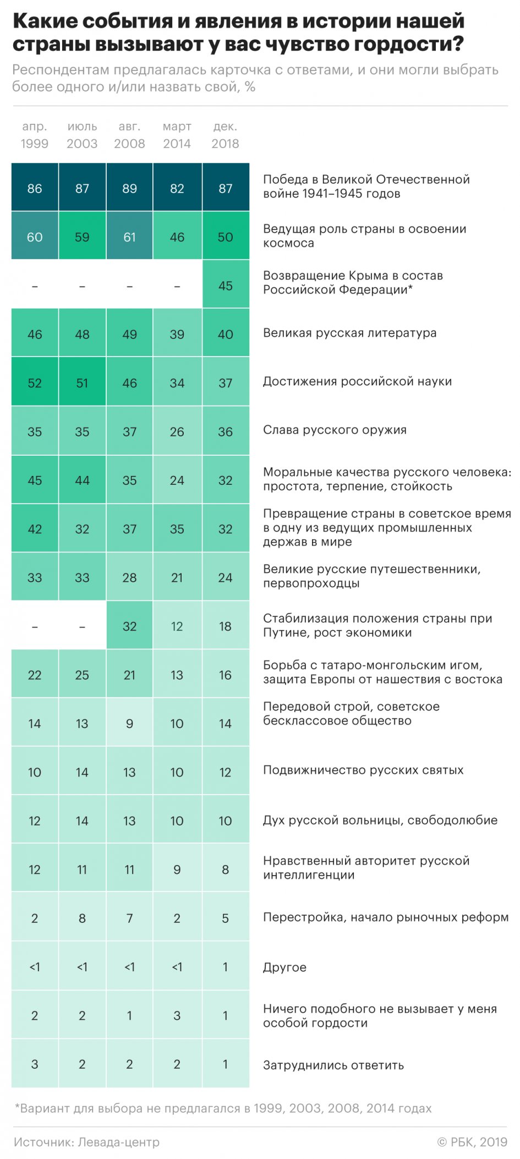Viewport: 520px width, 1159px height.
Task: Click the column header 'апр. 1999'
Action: (35, 135)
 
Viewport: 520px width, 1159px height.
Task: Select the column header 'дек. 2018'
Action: (225, 135)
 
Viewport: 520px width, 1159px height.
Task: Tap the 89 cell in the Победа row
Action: (129, 188)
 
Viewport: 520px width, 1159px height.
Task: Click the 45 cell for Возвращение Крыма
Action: (225, 286)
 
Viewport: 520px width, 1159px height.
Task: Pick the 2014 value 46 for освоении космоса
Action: (177, 237)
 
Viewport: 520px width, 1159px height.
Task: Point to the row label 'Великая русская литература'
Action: (349, 333)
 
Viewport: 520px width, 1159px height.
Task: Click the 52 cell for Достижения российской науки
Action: (35, 383)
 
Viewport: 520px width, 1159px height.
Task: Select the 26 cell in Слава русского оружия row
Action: (177, 432)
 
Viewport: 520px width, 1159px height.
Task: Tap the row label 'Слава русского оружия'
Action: (335, 430)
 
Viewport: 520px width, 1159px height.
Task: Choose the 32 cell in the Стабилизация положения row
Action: (129, 626)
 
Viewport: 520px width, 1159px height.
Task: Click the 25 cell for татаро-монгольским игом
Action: (82, 675)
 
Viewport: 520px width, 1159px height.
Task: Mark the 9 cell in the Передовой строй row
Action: (129, 724)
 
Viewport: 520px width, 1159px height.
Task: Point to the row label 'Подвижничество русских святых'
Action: (363, 770)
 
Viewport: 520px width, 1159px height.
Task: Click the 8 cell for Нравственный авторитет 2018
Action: (225, 870)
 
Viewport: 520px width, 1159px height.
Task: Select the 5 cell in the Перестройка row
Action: (225, 918)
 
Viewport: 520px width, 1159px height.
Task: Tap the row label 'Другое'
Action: (284, 967)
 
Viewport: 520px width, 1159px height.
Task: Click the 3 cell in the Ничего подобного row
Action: (177, 1015)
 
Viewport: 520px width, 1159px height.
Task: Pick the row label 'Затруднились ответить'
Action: (333, 1065)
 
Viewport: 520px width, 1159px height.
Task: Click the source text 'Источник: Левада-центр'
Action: (86, 1142)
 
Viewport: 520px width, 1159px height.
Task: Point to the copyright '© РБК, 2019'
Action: (472, 1142)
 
